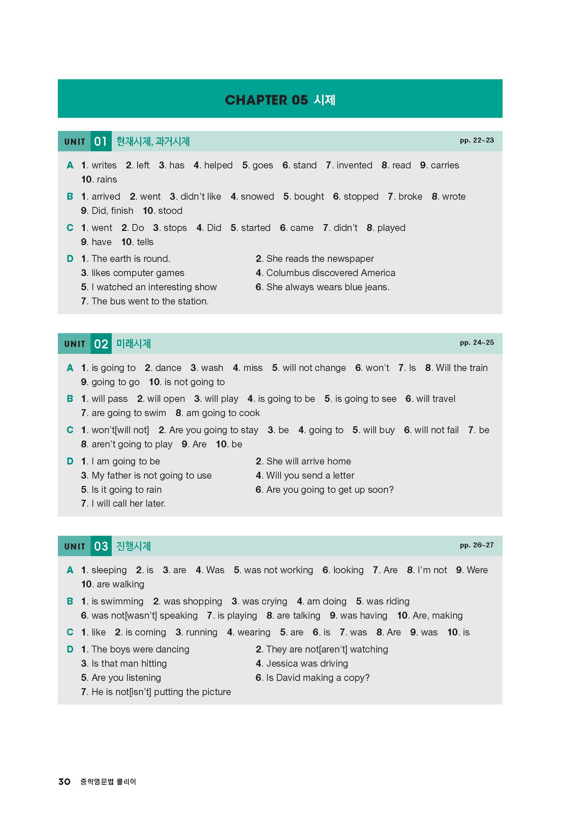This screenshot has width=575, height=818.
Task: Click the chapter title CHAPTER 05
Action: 266,100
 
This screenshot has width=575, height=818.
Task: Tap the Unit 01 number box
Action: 101,141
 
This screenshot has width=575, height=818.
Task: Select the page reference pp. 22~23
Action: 476,140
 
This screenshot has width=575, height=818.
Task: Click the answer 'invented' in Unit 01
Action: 354,165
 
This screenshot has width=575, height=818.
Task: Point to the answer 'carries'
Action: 444,165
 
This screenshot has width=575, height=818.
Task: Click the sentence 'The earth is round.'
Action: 131,259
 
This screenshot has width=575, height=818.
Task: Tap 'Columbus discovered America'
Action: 330,273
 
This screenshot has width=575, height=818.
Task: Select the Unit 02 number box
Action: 101,344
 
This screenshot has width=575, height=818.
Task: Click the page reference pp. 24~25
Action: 476,343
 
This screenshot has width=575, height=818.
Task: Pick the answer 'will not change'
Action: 314,368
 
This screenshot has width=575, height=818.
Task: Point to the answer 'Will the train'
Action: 461,368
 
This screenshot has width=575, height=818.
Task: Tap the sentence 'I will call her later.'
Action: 128,504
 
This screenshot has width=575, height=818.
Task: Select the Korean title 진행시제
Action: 133,546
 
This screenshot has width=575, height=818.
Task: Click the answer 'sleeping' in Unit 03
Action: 109,570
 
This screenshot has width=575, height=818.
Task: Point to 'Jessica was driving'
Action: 307,664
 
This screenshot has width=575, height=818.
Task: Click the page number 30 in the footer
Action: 64,782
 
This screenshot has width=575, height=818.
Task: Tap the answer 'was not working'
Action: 278,570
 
